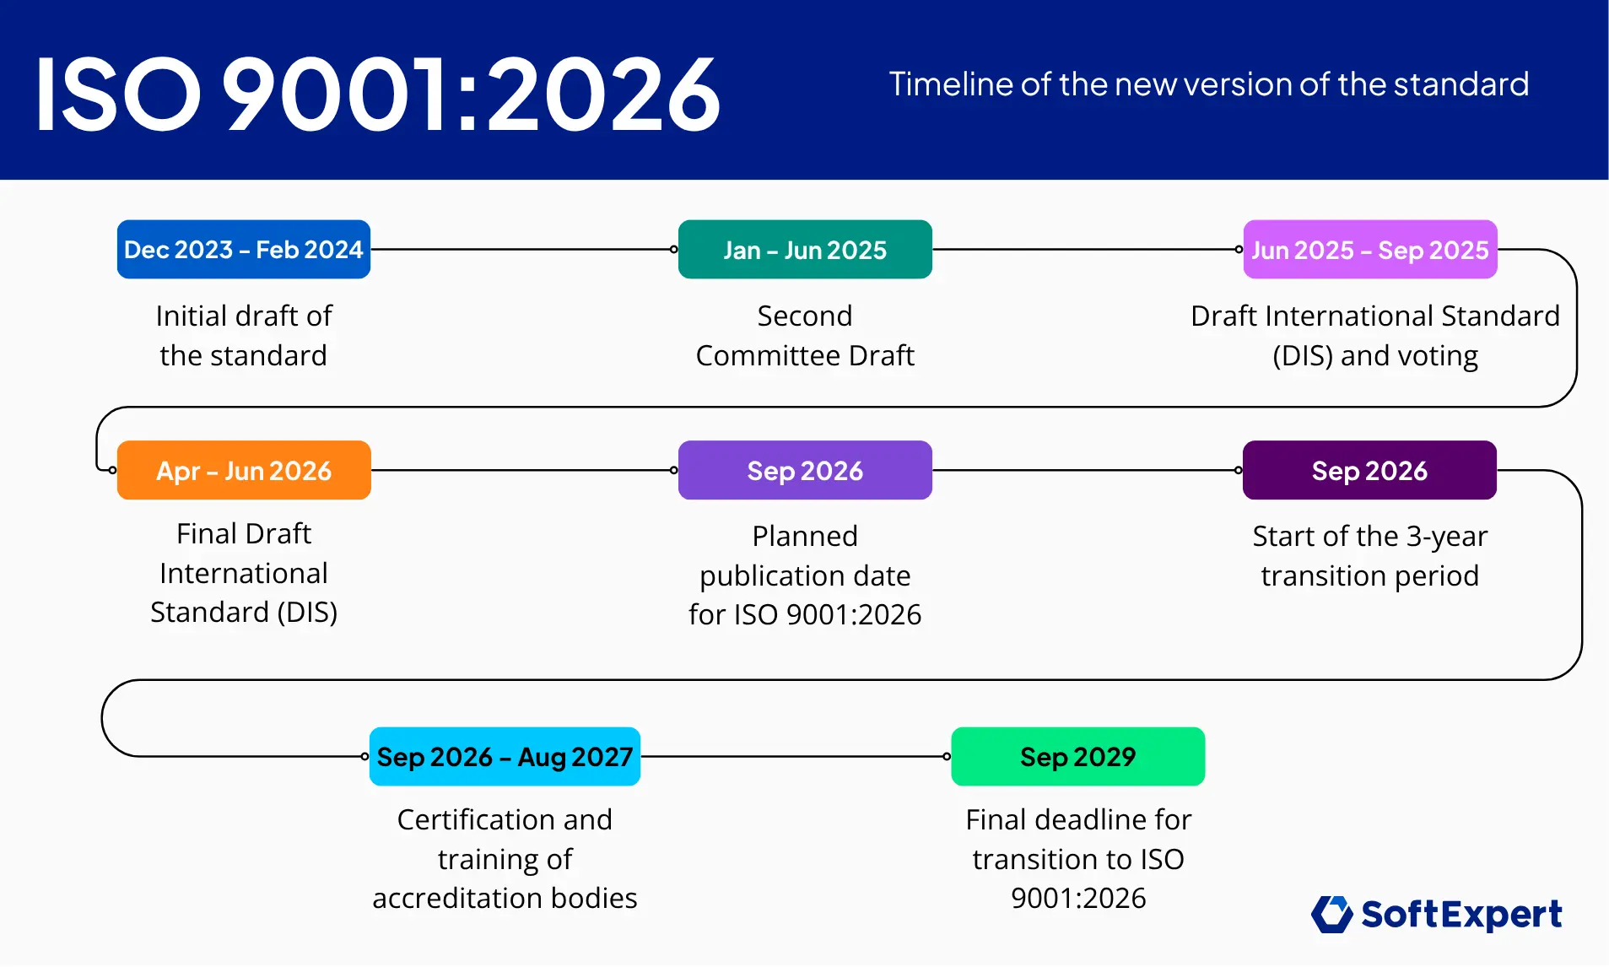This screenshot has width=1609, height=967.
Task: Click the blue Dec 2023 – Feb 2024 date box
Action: [243, 250]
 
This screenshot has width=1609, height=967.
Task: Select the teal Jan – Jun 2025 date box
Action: [805, 250]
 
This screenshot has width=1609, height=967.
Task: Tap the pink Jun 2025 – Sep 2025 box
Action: [1369, 250]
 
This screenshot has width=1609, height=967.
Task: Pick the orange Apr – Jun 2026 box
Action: [244, 470]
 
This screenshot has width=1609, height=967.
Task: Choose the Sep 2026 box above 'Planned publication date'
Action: [805, 470]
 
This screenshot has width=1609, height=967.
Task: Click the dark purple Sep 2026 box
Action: [1369, 470]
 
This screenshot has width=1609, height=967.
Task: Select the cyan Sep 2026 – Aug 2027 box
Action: [505, 757]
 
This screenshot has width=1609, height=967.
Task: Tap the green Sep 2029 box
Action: [1077, 757]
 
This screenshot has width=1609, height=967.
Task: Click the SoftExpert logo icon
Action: [1332, 915]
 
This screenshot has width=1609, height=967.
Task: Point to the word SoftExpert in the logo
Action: [1461, 915]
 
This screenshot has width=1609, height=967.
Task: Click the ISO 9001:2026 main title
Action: [377, 94]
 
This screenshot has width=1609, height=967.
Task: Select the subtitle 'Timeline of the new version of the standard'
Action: [1208, 84]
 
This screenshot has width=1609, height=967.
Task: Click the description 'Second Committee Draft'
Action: [805, 336]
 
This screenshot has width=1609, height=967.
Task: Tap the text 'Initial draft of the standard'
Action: [244, 336]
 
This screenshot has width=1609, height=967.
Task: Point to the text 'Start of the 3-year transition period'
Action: [1369, 555]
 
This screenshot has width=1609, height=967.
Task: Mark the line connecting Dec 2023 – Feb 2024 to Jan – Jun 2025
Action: [523, 250]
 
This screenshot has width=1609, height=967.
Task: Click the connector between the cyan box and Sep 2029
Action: [795, 757]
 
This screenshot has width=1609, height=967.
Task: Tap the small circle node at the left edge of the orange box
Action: [112, 470]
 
